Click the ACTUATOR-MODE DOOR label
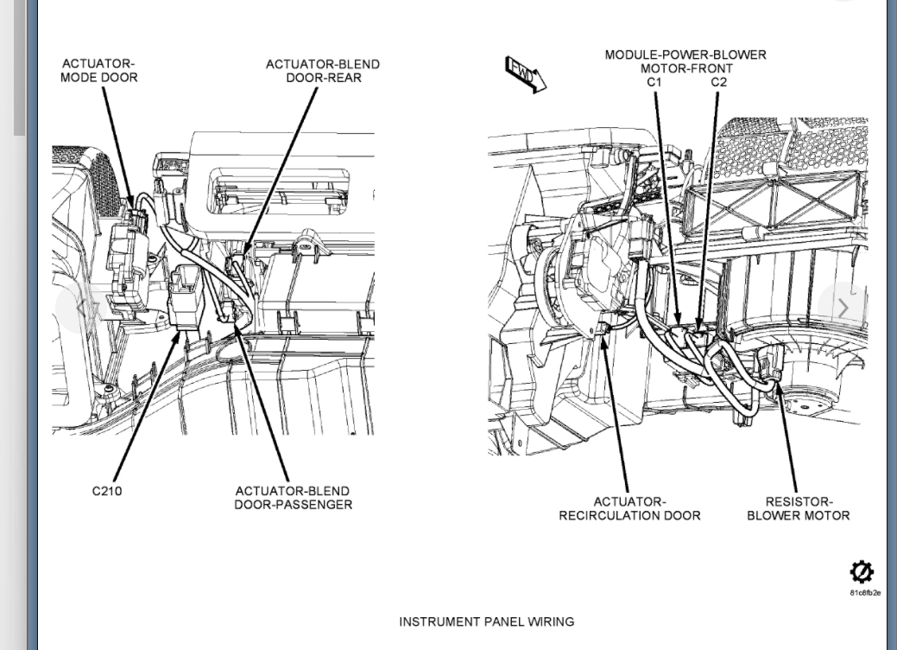(98, 71)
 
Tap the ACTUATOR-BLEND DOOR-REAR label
(322, 71)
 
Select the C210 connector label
(107, 491)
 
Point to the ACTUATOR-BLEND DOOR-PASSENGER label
(293, 498)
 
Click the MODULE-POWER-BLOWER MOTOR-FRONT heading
(685, 61)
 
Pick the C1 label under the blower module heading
(654, 82)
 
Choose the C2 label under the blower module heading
(718, 82)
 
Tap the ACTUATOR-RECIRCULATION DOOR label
(629, 508)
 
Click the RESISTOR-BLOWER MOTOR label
(798, 508)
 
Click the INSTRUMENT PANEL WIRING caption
(486, 621)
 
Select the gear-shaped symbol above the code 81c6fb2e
(861, 571)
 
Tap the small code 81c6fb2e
(864, 593)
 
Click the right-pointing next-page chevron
(843, 307)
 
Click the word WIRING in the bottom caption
(549, 621)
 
